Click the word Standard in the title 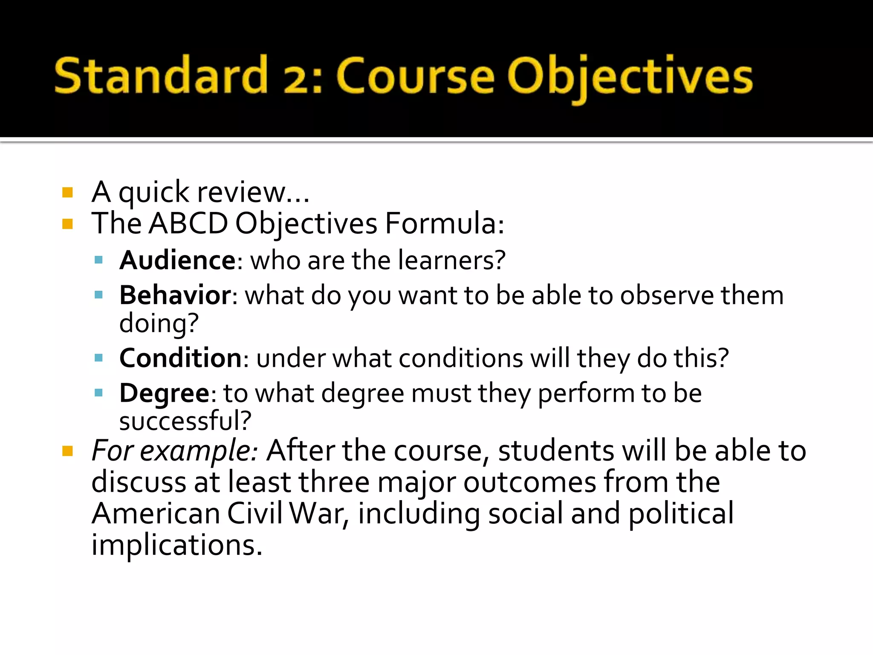161,76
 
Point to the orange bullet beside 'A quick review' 67,192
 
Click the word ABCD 188,223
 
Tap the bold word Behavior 175,295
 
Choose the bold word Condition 181,357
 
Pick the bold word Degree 164,393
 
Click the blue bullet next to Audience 99,260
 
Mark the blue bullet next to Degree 99,393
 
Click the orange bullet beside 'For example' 67,451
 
